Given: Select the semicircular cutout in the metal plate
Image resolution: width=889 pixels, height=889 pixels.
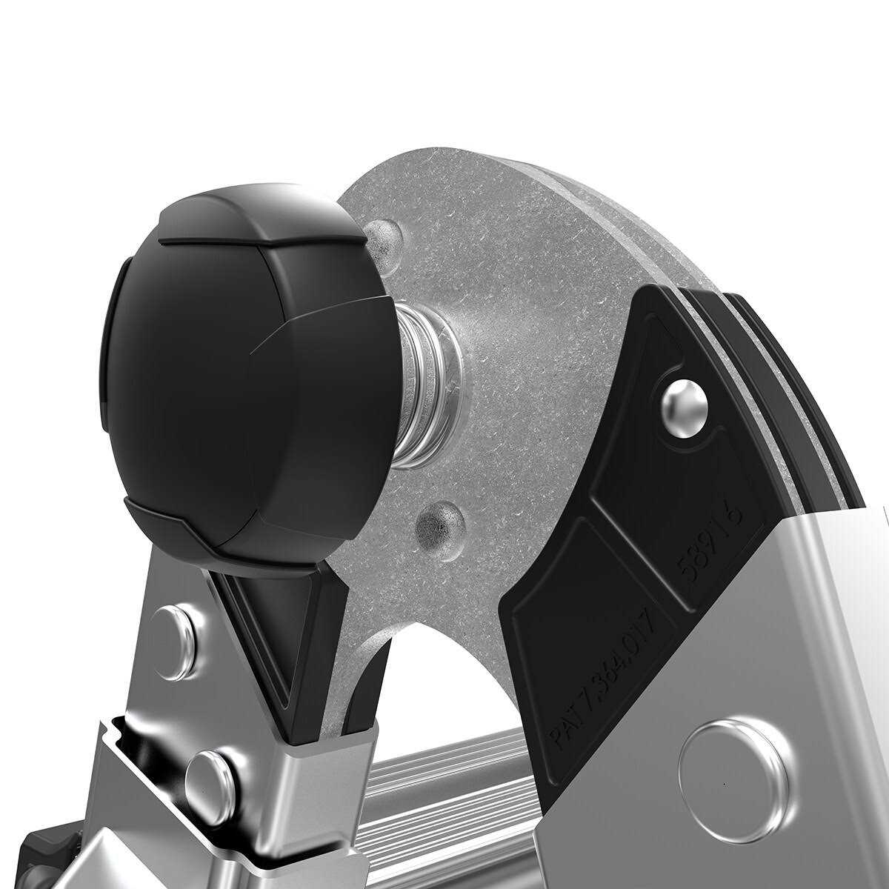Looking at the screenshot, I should [x=444, y=667].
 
